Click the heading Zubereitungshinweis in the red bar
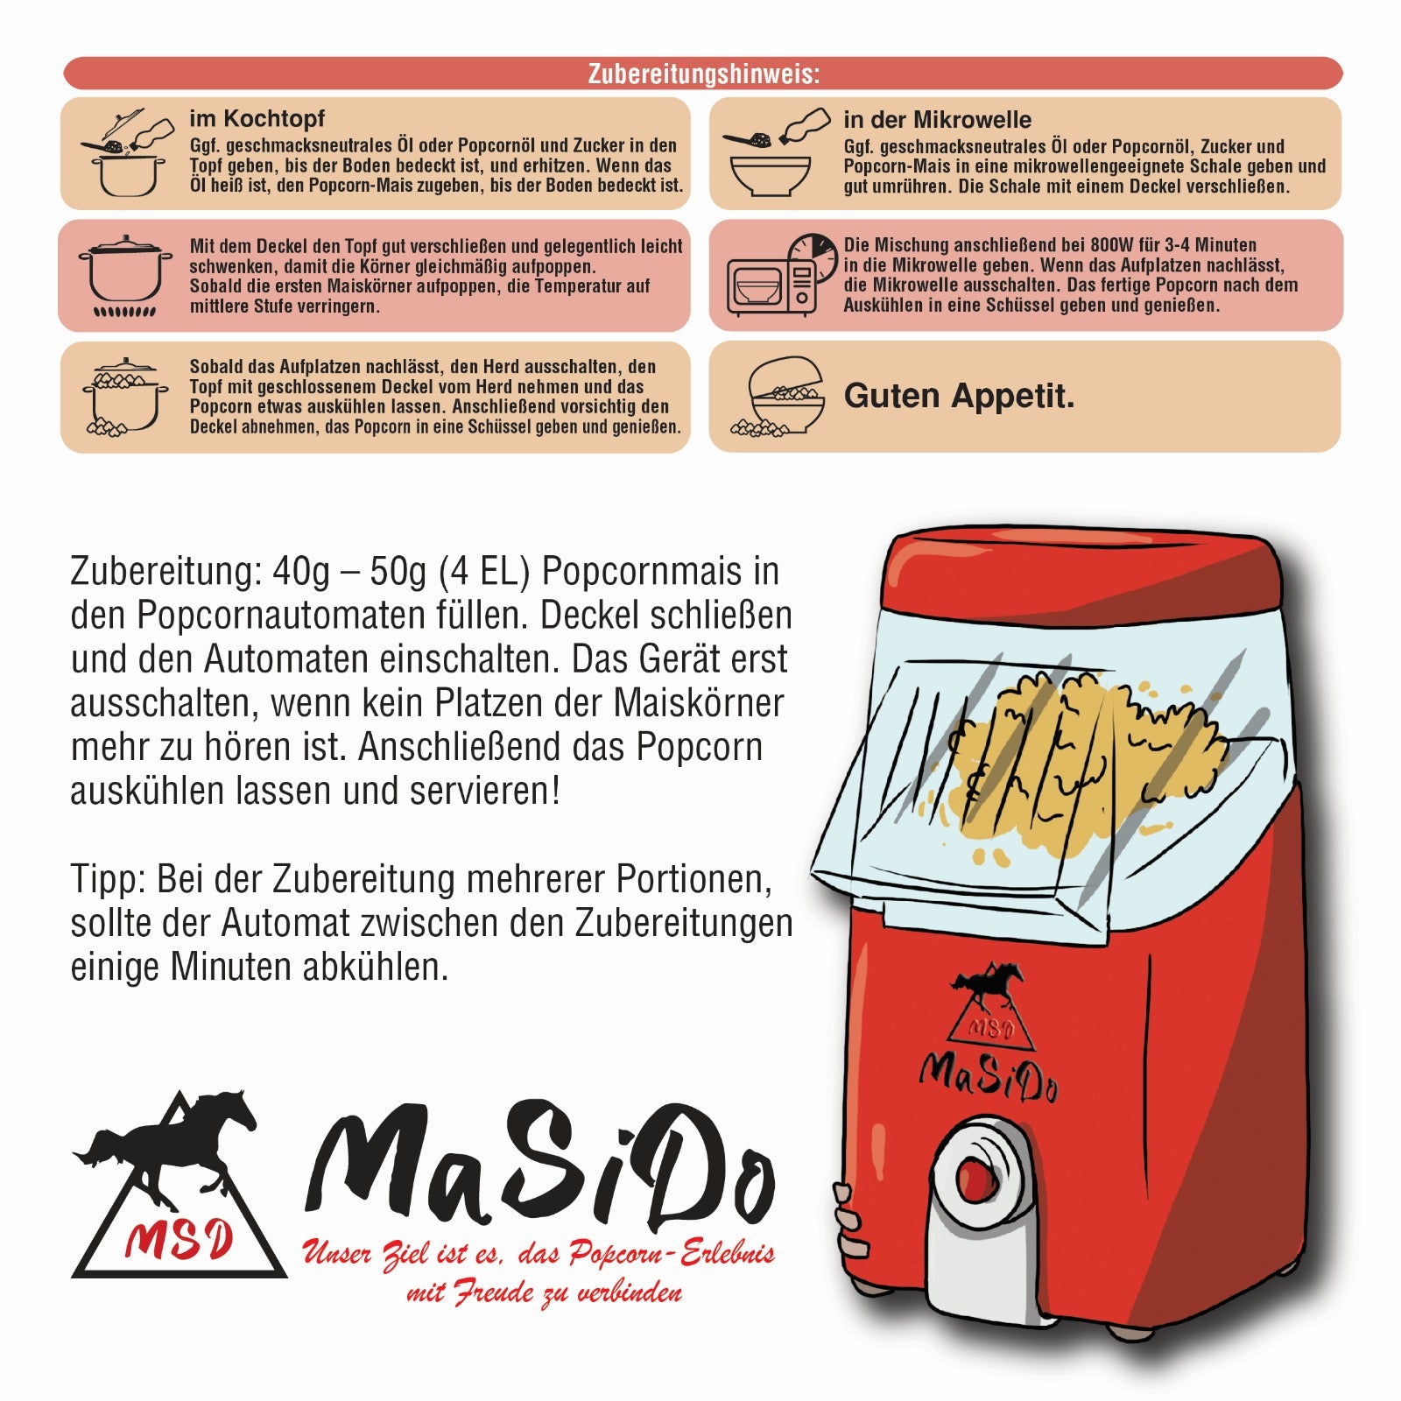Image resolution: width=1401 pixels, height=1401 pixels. click(x=703, y=74)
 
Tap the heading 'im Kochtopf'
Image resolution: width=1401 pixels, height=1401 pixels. click(x=257, y=119)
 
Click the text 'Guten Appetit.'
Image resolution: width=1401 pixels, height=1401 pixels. click(x=959, y=396)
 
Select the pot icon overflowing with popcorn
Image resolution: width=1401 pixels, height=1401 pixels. click(x=125, y=396)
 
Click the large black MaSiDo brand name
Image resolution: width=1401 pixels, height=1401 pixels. click(x=539, y=1167)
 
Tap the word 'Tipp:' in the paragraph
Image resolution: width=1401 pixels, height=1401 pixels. click(x=108, y=879)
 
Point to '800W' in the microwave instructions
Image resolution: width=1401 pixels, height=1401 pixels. click(x=1112, y=245)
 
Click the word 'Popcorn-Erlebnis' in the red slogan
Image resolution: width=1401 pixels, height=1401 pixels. click(x=672, y=1254)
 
